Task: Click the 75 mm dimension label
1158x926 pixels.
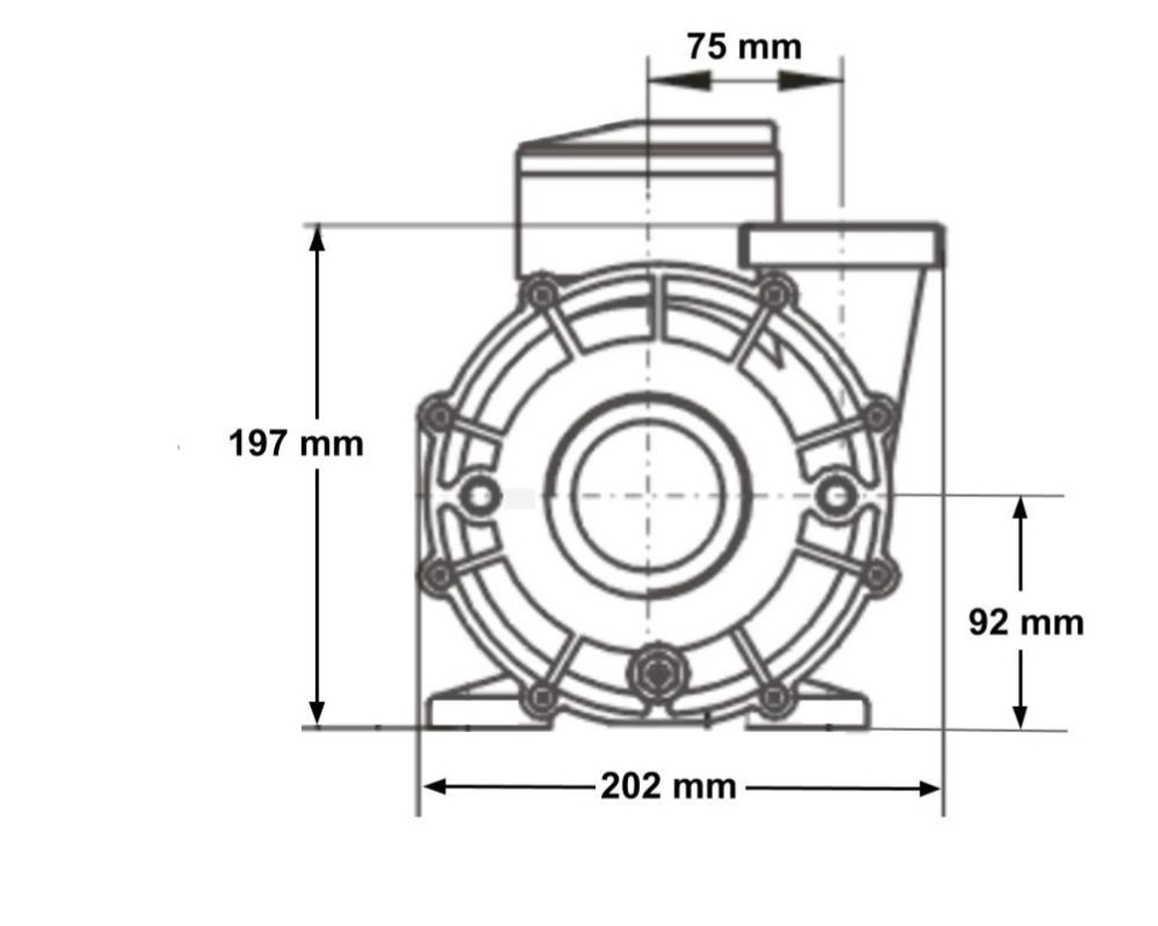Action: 744,47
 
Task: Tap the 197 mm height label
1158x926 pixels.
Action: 296,444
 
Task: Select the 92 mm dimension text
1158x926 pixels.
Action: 1026,623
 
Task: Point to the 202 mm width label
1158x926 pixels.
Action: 669,786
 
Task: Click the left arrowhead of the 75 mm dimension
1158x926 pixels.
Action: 680,81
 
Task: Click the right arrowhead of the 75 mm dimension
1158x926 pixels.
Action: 811,81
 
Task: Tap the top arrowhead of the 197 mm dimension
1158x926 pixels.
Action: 317,239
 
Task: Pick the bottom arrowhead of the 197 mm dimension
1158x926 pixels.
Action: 317,713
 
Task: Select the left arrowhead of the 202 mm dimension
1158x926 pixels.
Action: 435,787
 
